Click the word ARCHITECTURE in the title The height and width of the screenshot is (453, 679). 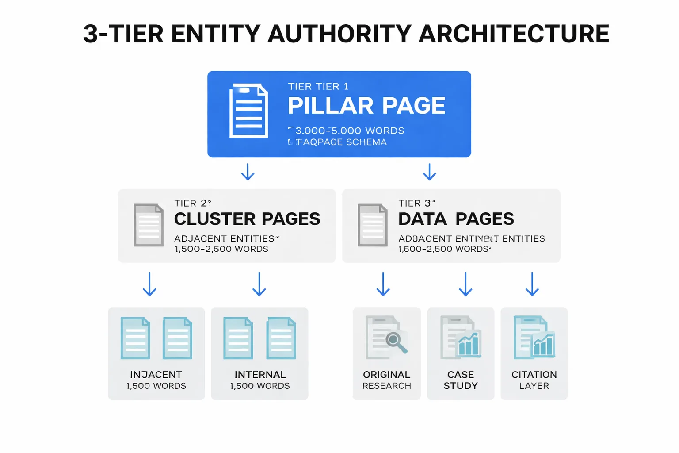[513, 34]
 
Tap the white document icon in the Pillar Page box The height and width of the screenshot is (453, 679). [248, 111]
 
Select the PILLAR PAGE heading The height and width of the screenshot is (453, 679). [366, 106]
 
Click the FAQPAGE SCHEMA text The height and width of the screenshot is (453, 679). [341, 142]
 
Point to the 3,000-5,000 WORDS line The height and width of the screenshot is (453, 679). [349, 131]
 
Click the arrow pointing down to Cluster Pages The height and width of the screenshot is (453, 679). [248, 172]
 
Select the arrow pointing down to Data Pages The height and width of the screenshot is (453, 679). [429, 172]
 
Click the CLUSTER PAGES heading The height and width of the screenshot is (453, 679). [247, 219]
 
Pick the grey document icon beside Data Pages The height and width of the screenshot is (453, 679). [373, 225]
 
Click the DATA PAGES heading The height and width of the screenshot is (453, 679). [456, 219]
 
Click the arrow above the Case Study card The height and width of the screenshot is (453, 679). [465, 284]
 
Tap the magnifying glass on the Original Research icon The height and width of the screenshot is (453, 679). [395, 342]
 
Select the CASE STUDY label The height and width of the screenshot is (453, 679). [461, 380]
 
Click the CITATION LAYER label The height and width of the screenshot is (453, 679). [534, 380]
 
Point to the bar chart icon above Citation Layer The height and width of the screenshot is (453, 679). [544, 344]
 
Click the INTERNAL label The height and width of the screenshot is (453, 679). [260, 375]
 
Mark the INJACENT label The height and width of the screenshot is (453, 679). [156, 375]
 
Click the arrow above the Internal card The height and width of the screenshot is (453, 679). [259, 284]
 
